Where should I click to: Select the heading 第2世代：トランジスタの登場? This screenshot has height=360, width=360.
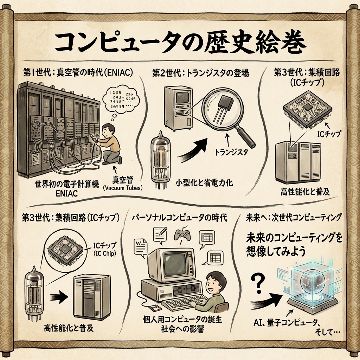[200, 73]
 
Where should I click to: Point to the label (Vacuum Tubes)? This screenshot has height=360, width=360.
[123, 188]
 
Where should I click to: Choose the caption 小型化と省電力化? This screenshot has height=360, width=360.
[204, 183]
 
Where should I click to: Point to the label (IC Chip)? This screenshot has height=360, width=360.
[105, 253]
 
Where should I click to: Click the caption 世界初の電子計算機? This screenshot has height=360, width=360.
[66, 184]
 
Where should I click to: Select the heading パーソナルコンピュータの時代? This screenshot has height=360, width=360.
[179, 217]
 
